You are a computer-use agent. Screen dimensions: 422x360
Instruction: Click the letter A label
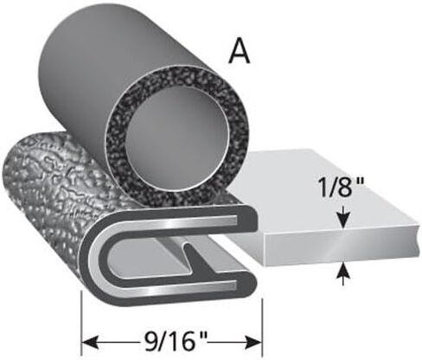[x=239, y=50]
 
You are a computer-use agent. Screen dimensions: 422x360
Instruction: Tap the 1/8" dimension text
[x=341, y=187]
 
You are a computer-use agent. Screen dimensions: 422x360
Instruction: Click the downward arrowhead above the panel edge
[x=343, y=221]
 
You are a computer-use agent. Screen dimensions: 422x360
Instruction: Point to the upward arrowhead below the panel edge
[x=343, y=272]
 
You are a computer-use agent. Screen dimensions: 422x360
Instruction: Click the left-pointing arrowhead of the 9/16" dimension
[x=91, y=343]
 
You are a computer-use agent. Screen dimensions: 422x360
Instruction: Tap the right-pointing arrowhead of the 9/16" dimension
[x=253, y=343]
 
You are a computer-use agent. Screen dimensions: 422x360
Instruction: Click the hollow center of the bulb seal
[x=177, y=136]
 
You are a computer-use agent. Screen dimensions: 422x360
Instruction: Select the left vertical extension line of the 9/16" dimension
[x=82, y=324]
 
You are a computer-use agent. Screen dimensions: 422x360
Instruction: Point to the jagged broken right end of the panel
[x=417, y=240]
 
